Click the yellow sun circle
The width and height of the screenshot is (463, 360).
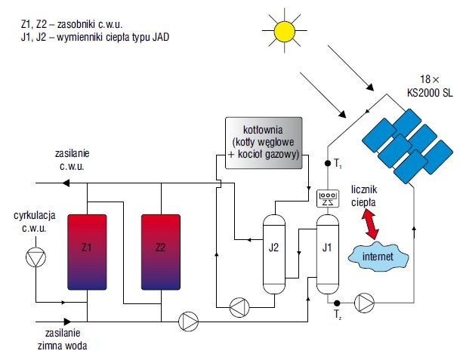point(284,31)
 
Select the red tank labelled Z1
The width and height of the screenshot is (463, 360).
point(87,252)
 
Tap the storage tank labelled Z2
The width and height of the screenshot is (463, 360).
point(161,252)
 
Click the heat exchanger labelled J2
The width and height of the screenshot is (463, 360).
point(274,254)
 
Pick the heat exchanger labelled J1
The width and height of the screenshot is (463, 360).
point(328,254)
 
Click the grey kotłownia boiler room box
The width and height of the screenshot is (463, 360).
point(264,143)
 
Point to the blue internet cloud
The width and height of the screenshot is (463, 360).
point(378,256)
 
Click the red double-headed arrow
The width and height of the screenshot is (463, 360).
point(370,224)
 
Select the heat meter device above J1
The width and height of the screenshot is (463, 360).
point(328,198)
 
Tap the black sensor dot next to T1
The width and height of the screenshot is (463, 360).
point(328,163)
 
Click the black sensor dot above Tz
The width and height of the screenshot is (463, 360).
point(337,303)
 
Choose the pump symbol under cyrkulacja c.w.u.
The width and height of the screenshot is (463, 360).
point(35,257)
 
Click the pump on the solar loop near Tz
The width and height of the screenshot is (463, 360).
point(364,303)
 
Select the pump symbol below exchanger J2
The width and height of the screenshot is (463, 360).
point(239,308)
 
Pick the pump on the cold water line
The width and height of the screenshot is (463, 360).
point(188,322)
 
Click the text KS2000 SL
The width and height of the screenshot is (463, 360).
point(430,93)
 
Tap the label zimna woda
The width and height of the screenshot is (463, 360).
point(62,346)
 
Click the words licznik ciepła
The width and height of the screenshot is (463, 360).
point(364,196)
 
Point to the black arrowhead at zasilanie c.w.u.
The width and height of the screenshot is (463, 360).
point(66,183)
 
